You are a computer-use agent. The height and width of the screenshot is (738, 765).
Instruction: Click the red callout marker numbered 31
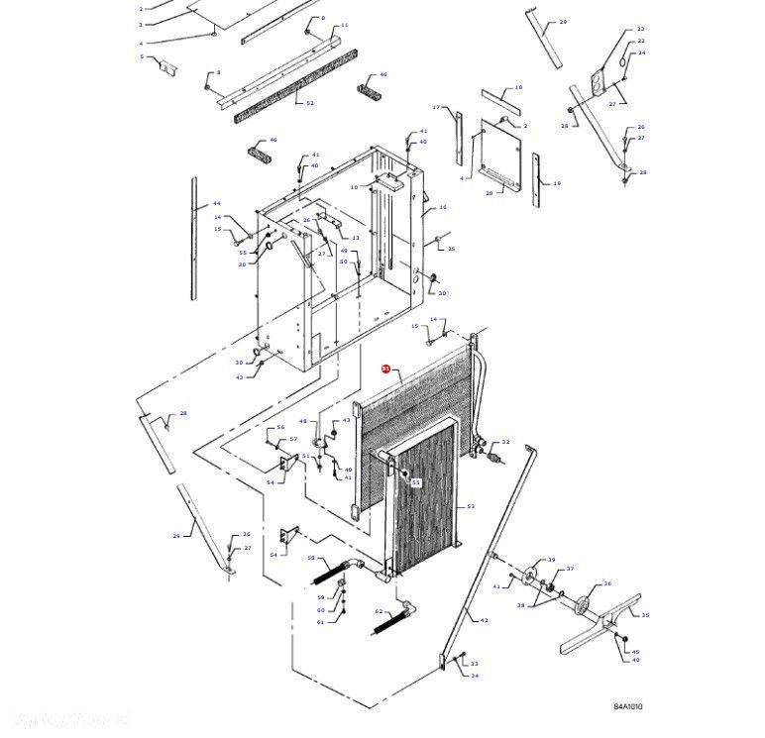(x=386, y=369)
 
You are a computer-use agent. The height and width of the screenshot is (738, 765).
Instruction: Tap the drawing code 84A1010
(x=627, y=706)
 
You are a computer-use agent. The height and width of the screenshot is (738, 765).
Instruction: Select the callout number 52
(x=309, y=103)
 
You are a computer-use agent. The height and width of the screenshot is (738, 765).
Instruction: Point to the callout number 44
(x=216, y=203)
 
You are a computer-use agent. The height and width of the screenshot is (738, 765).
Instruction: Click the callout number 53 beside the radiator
(x=471, y=506)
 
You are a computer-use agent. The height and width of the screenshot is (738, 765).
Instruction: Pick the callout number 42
(x=484, y=621)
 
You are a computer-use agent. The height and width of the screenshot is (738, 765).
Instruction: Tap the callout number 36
(x=607, y=583)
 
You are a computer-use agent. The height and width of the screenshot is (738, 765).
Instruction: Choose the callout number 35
(x=645, y=615)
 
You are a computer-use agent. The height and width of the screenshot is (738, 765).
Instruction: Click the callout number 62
(x=379, y=611)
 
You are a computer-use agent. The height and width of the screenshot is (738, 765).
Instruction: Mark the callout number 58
(x=310, y=558)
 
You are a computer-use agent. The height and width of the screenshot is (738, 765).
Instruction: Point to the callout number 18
(x=517, y=88)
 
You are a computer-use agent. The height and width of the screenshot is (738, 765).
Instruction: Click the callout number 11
(x=344, y=25)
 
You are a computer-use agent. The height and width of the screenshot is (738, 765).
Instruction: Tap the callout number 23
(x=640, y=30)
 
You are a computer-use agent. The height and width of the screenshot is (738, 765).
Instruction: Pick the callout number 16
(x=443, y=207)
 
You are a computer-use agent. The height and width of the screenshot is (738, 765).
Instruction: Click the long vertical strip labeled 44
(x=194, y=238)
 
